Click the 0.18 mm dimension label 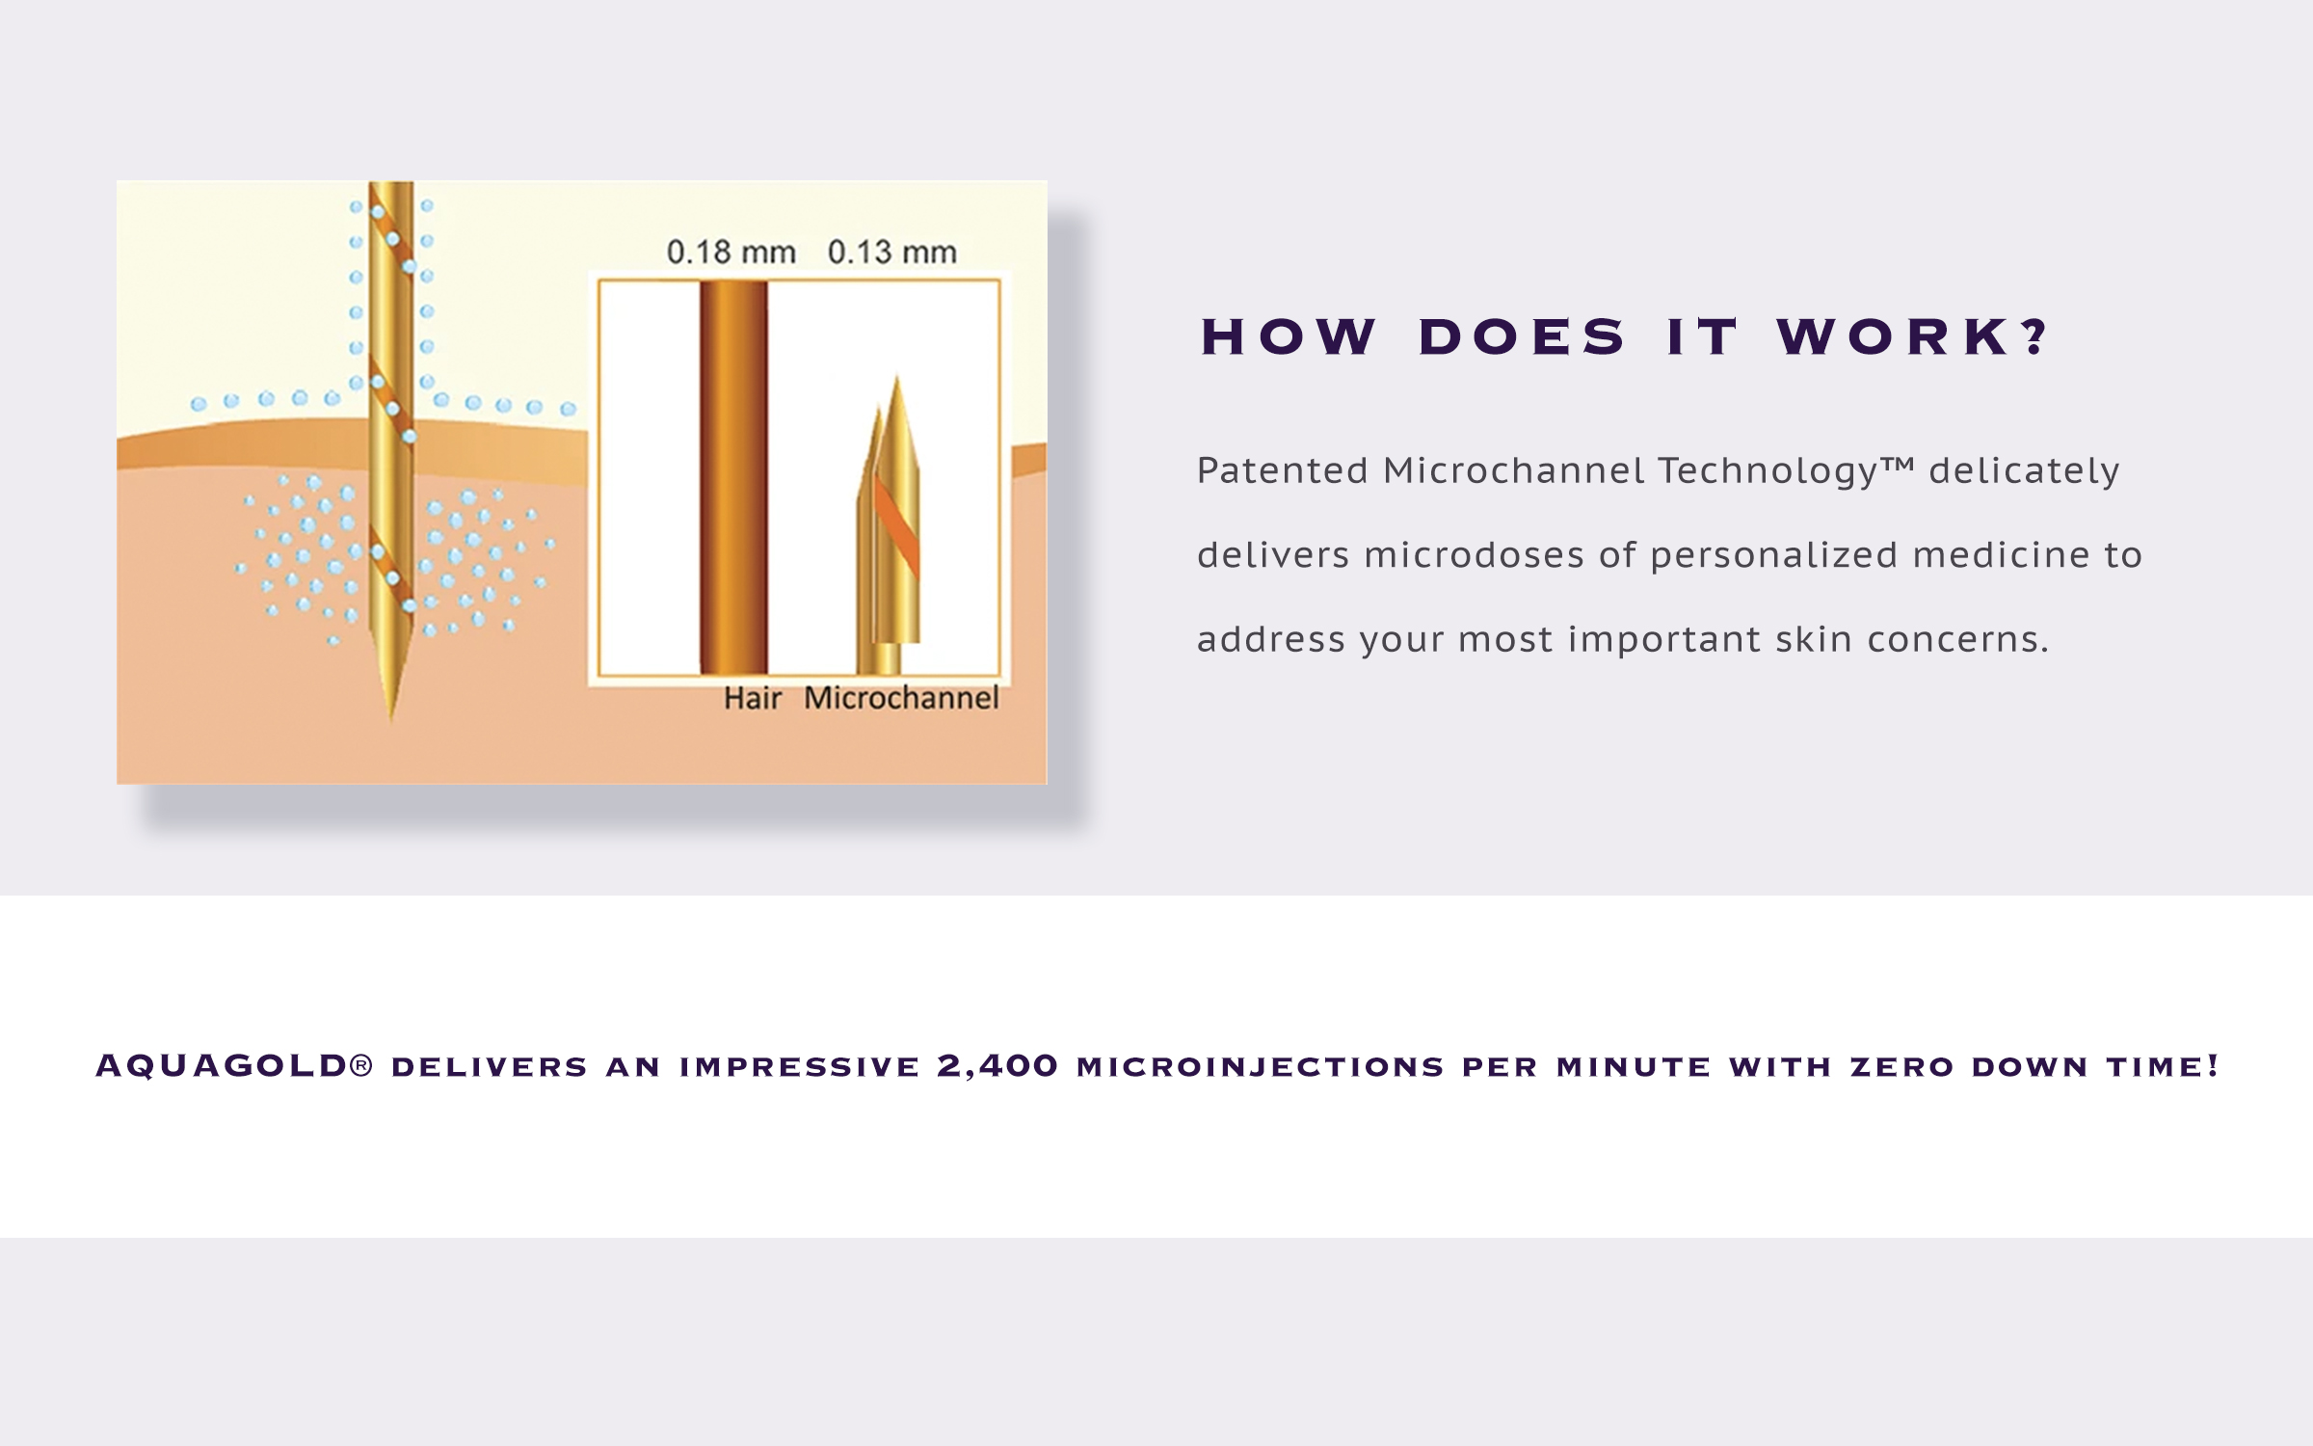(731, 253)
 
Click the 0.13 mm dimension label (892, 253)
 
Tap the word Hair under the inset (753, 698)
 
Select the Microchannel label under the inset (901, 698)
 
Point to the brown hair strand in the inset (733, 477)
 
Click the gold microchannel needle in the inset (890, 525)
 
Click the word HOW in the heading (1289, 337)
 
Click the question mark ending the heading (2034, 337)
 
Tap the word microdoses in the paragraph (1474, 555)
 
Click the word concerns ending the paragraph (1957, 640)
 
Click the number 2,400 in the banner (997, 1066)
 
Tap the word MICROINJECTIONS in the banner (1261, 1067)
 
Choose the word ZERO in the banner (1901, 1067)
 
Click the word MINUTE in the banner (1634, 1067)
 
